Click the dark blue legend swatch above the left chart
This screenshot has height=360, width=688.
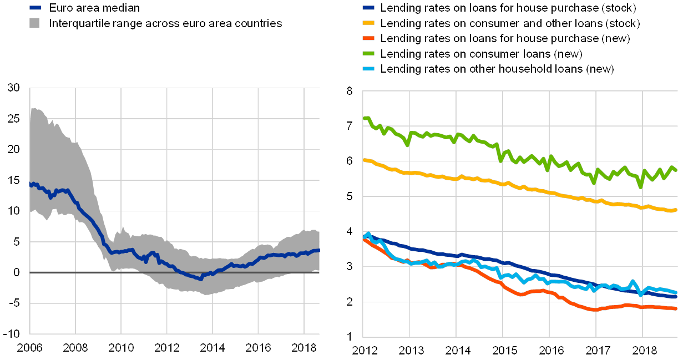[35, 8]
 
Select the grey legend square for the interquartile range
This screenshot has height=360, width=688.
[35, 23]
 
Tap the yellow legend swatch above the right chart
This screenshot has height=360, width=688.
[368, 23]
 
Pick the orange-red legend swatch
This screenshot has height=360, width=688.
[368, 39]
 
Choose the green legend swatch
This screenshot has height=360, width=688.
[368, 54]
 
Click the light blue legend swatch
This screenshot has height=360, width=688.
[368, 69]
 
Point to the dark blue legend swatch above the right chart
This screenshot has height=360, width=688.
[368, 8]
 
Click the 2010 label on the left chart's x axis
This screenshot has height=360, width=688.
[121, 347]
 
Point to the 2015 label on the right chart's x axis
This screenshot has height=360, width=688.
[502, 351]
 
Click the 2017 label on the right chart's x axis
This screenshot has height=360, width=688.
[595, 351]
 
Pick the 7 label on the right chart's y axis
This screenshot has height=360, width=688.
[350, 126]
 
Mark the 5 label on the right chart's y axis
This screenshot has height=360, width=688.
[350, 196]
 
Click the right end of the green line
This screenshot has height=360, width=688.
[676, 170]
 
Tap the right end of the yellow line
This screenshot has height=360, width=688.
[676, 210]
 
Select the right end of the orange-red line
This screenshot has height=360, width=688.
[676, 308]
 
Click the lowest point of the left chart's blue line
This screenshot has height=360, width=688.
[201, 279]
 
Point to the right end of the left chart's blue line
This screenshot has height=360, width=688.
[319, 250]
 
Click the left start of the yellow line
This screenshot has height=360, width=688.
[363, 160]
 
